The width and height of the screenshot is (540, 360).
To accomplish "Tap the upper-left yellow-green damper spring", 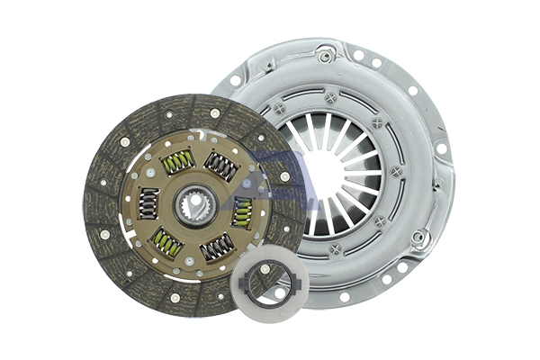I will pos(177,161).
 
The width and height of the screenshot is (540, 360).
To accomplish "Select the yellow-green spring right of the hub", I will pos(242,212).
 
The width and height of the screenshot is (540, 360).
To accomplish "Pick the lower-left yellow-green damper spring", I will pos(166,240).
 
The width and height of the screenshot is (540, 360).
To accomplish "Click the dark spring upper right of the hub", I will pos(220,166).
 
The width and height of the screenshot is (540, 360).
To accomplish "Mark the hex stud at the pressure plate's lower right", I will pos(418,238).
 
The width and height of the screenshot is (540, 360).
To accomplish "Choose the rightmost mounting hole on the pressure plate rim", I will pos(441,148).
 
